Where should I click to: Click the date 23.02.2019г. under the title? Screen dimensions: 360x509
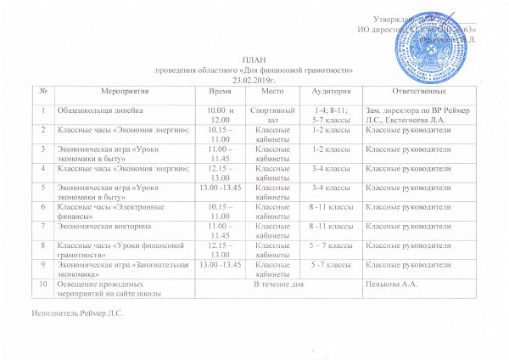pos(255,76)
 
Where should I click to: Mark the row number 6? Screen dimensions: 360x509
pos(39,206)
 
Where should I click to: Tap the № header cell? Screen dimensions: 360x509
pos(39,89)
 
